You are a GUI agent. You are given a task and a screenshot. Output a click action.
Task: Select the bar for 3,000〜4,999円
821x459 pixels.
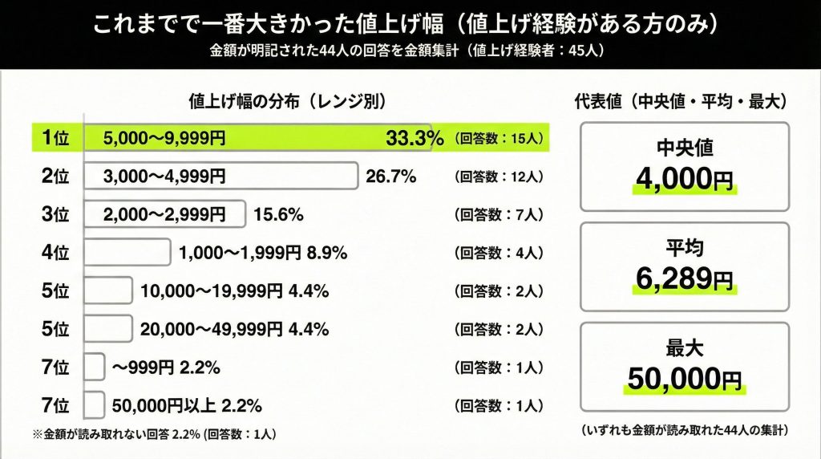click(x=220, y=176)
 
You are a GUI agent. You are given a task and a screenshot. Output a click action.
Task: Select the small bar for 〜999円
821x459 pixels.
click(x=94, y=368)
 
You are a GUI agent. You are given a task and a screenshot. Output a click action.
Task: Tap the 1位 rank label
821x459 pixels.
click(x=55, y=138)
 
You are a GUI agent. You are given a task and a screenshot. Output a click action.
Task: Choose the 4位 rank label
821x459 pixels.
click(x=55, y=254)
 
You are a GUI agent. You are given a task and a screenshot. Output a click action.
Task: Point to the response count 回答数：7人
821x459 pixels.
click(x=499, y=214)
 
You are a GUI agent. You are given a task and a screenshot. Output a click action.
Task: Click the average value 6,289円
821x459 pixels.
click(x=684, y=278)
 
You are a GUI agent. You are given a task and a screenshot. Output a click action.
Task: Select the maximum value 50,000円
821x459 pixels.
click(x=684, y=379)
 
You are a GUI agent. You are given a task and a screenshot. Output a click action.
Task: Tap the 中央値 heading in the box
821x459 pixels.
click(x=684, y=148)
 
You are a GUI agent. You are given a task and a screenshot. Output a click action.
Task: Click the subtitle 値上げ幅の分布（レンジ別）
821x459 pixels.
click(x=287, y=102)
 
